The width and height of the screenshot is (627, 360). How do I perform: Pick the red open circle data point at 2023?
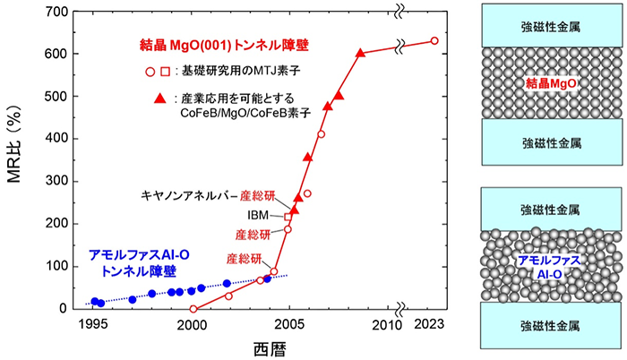[434, 40]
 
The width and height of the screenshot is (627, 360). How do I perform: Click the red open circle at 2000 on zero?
[193, 309]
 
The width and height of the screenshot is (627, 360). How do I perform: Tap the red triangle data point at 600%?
[360, 53]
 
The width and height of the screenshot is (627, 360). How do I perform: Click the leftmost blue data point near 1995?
[95, 301]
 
